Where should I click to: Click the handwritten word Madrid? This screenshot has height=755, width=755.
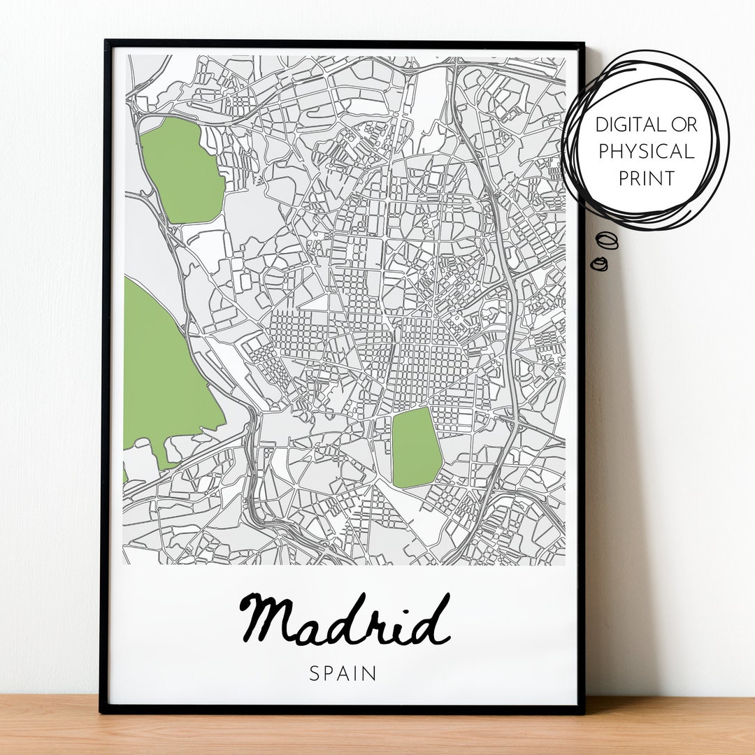(x=344, y=619)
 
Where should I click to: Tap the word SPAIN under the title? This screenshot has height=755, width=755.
(x=343, y=674)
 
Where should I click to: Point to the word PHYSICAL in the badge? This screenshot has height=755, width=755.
(x=645, y=152)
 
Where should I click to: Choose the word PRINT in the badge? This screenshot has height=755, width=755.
(x=645, y=178)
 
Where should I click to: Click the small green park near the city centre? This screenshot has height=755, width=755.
(x=416, y=448)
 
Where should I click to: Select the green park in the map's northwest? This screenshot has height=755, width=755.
(x=180, y=170)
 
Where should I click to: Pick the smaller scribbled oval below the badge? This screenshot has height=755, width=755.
(x=599, y=264)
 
